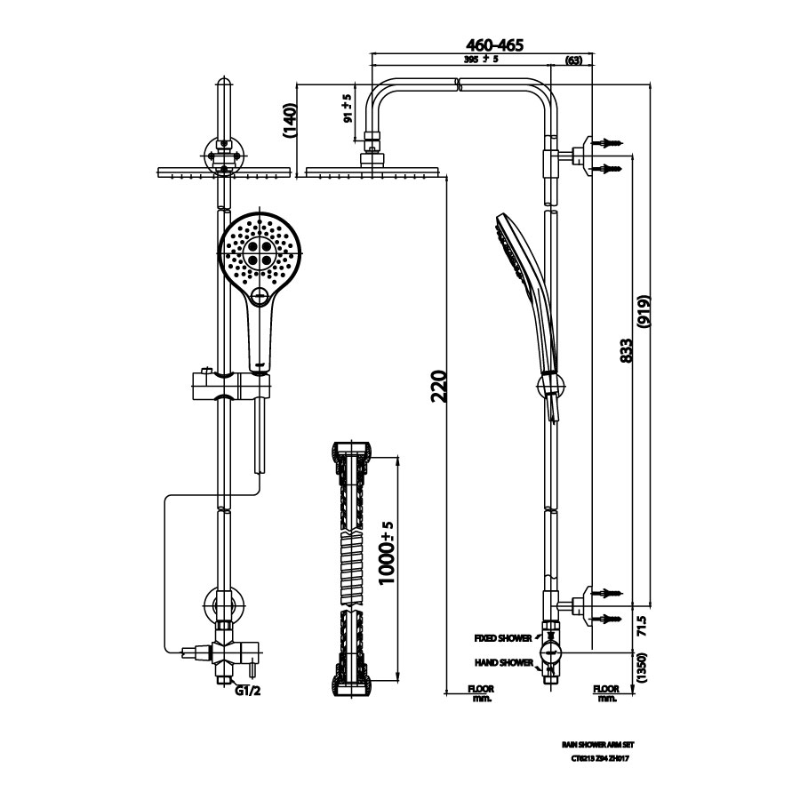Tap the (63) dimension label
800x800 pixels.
[x=573, y=60]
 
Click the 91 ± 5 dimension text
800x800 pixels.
[x=348, y=107]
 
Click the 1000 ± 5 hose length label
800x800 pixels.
[x=386, y=553]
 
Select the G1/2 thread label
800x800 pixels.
[x=248, y=689]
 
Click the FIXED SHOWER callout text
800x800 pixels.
[x=503, y=638]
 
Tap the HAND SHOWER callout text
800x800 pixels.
[x=504, y=662]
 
